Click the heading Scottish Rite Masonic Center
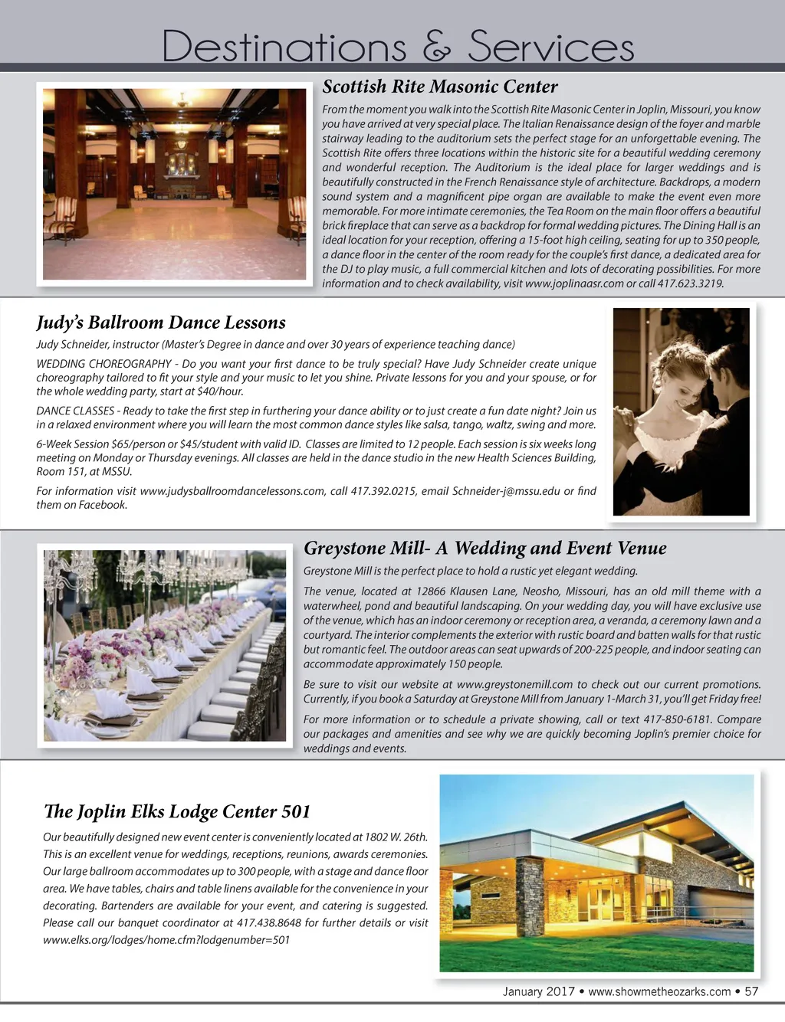coord(439,87)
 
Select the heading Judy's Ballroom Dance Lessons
coord(161,323)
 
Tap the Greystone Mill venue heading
coord(484,548)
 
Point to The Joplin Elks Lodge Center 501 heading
coord(177,811)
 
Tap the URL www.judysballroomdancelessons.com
coord(232,491)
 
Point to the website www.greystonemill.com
coord(514,684)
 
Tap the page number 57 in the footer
coord(751,991)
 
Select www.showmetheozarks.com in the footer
coord(659,991)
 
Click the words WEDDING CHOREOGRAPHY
coord(103,364)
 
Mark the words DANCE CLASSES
coord(75,411)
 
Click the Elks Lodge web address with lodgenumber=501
coord(166,940)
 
